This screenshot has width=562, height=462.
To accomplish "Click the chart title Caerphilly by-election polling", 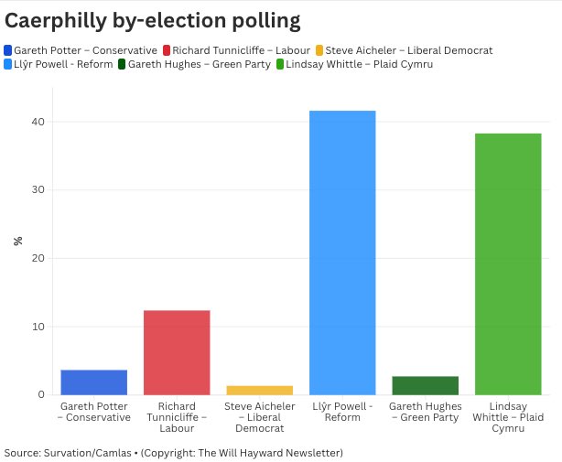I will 153,18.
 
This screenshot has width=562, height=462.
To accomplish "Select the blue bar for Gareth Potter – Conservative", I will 93,382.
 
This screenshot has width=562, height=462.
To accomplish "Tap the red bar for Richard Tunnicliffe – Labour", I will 177,353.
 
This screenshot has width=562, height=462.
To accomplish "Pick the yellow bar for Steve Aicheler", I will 260,390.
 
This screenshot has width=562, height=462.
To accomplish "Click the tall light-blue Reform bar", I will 342,252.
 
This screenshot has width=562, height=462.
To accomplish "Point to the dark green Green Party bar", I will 425,385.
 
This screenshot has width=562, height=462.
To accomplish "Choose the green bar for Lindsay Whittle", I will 508,264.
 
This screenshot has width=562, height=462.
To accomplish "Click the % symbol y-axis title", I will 17,241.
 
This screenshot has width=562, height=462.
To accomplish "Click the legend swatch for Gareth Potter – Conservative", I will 9,50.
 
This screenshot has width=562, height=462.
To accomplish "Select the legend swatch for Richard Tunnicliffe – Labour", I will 167,50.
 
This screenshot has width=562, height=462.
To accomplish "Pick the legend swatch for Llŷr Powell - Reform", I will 9,64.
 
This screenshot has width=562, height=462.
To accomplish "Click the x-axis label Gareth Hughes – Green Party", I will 425,412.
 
